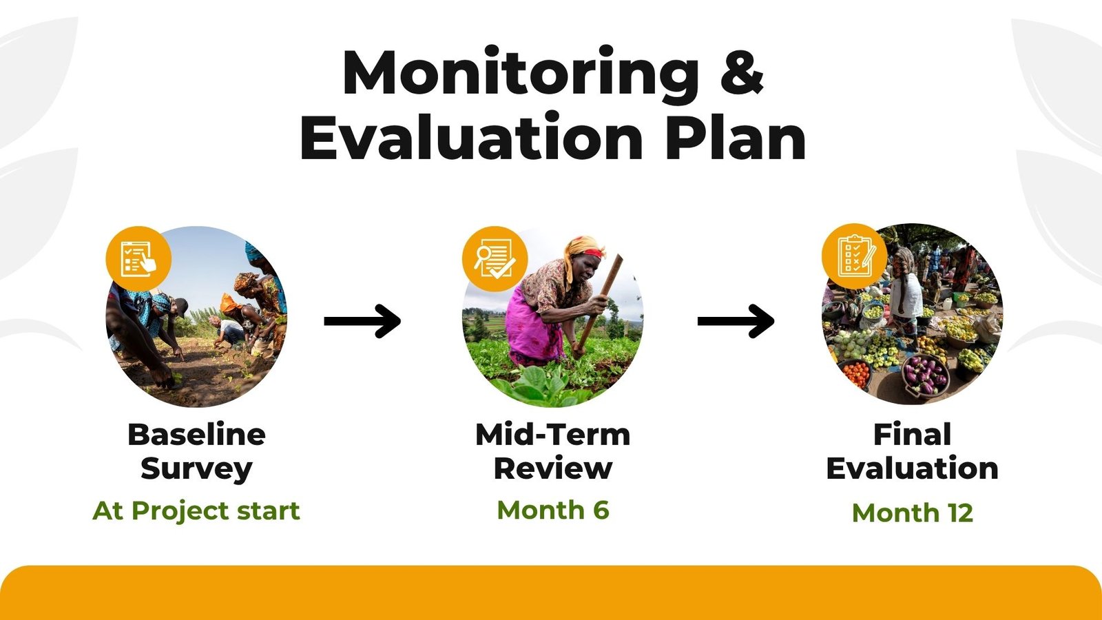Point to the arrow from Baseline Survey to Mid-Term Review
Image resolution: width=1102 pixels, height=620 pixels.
click(x=362, y=321)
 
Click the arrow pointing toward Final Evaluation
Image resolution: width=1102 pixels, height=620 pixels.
click(x=736, y=321)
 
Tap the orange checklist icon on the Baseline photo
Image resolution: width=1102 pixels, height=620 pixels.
click(x=138, y=259)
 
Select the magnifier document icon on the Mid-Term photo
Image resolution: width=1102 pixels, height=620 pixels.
click(x=495, y=259)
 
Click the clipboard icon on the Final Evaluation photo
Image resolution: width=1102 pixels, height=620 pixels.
click(x=855, y=256)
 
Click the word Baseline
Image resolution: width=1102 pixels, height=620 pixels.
click(x=197, y=435)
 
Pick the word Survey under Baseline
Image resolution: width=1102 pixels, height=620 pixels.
click(x=197, y=469)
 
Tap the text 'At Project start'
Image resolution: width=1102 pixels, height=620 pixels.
click(x=196, y=511)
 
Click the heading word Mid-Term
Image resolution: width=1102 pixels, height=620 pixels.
click(x=553, y=435)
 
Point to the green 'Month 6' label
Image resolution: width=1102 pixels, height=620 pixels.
click(x=553, y=510)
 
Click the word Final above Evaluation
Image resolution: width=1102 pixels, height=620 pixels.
click(x=912, y=435)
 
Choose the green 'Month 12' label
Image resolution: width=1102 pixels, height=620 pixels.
click(x=912, y=513)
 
